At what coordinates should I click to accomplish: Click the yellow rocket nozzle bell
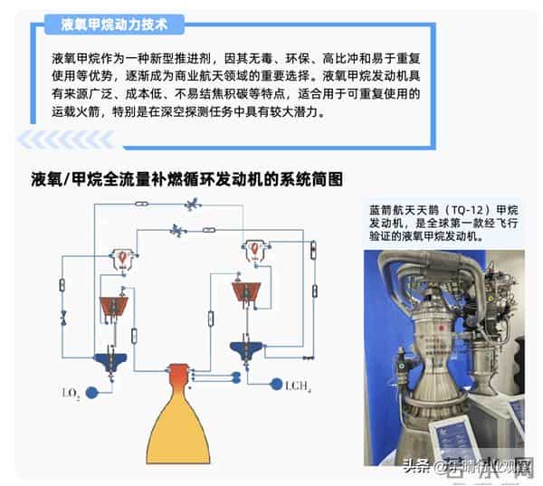tap(179, 425)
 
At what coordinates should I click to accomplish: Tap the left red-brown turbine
tap(116, 306)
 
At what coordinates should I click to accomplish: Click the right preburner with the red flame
tap(256, 248)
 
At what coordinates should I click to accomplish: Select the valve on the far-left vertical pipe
tap(64, 319)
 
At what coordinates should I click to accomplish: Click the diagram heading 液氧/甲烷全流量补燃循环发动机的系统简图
tap(186, 178)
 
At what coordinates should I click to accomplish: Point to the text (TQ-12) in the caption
tap(468, 208)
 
